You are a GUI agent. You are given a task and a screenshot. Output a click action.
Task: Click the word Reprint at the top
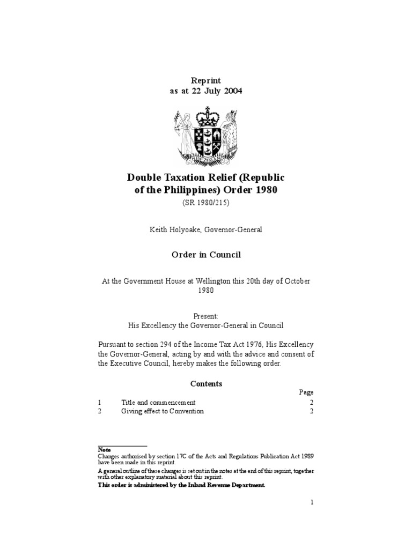tap(206, 80)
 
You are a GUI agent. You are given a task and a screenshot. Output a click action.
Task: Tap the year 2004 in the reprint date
tap(232, 91)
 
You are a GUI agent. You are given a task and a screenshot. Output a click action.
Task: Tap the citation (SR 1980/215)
tap(206, 203)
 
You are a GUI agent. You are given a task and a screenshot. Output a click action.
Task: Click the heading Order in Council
tap(206, 255)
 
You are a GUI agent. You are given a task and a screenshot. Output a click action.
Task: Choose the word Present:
tap(206, 316)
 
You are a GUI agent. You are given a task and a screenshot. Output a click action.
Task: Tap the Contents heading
tap(206, 383)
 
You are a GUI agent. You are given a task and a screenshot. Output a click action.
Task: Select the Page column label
tap(306, 392)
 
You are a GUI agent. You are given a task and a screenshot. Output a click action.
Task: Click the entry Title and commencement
tap(158, 402)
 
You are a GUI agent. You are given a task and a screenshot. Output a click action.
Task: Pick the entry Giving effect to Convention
tap(163, 411)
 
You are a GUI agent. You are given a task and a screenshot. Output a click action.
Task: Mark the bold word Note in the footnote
tap(104, 449)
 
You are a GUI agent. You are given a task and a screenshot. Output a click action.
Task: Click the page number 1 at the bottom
tap(311, 502)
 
